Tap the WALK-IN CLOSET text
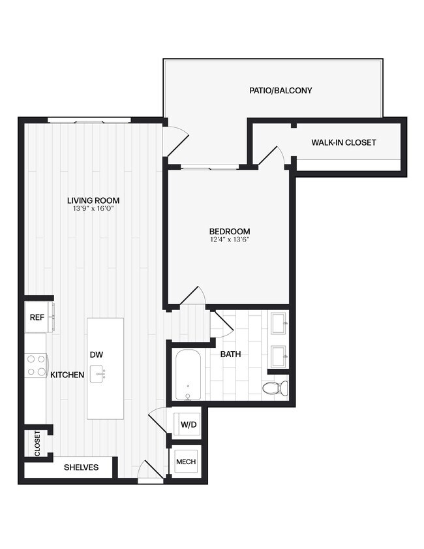tap(343, 142)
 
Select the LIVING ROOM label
tap(93, 200)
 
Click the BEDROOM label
tap(229, 231)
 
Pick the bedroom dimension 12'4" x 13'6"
tap(229, 240)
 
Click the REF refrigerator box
tap(37, 317)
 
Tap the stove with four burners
tap(36, 366)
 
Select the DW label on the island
tap(97, 354)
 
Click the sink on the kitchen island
tap(101, 374)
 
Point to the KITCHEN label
tap(67, 375)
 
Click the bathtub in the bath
tap(189, 375)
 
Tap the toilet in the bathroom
tap(275, 388)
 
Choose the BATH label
tap(230, 354)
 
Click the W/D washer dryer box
tap(188, 425)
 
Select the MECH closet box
tap(186, 462)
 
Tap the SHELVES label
tap(81, 467)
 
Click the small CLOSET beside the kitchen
tap(37, 443)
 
